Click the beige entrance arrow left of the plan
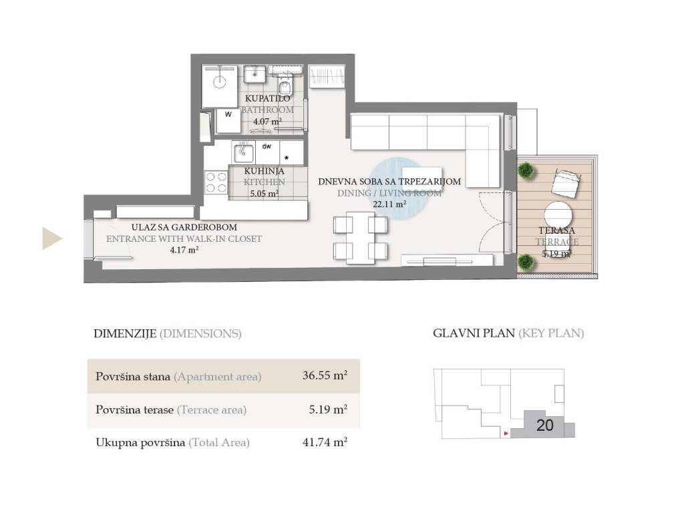[51, 238]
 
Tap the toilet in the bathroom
[285, 86]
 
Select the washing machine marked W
[228, 120]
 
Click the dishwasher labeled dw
[267, 152]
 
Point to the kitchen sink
[243, 152]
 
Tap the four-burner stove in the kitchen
[216, 182]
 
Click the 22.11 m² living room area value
[389, 204]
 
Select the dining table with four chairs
[360, 238]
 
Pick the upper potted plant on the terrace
[526, 170]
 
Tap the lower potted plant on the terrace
[526, 262]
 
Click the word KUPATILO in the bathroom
[267, 99]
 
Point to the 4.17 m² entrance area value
[184, 250]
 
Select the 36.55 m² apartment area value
[325, 375]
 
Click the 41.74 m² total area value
[325, 442]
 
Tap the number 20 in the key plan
[545, 425]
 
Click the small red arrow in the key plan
[506, 433]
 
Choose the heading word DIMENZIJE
[125, 334]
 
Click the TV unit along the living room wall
[447, 260]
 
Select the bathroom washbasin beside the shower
[254, 74]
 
